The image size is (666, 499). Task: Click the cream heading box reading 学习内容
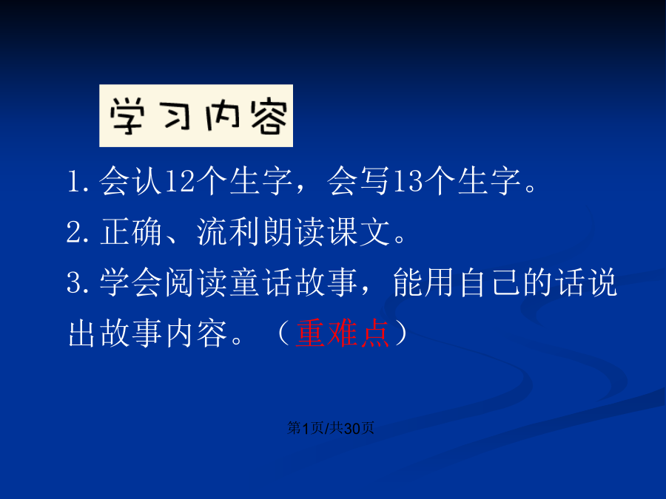coord(196,116)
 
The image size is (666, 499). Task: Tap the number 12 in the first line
coord(179,182)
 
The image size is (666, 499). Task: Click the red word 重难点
coord(343,333)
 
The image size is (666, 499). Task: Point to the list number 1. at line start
coord(78,182)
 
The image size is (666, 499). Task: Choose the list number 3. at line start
coord(78,282)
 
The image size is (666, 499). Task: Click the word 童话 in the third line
coord(260,282)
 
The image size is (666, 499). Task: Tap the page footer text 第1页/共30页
coord(331,428)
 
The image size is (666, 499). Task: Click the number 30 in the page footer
coord(352,428)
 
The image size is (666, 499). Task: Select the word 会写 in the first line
coord(358,182)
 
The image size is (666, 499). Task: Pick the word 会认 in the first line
coord(130,182)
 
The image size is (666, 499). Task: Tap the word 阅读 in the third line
coord(196,282)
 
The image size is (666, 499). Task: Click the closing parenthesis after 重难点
coord(401,333)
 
